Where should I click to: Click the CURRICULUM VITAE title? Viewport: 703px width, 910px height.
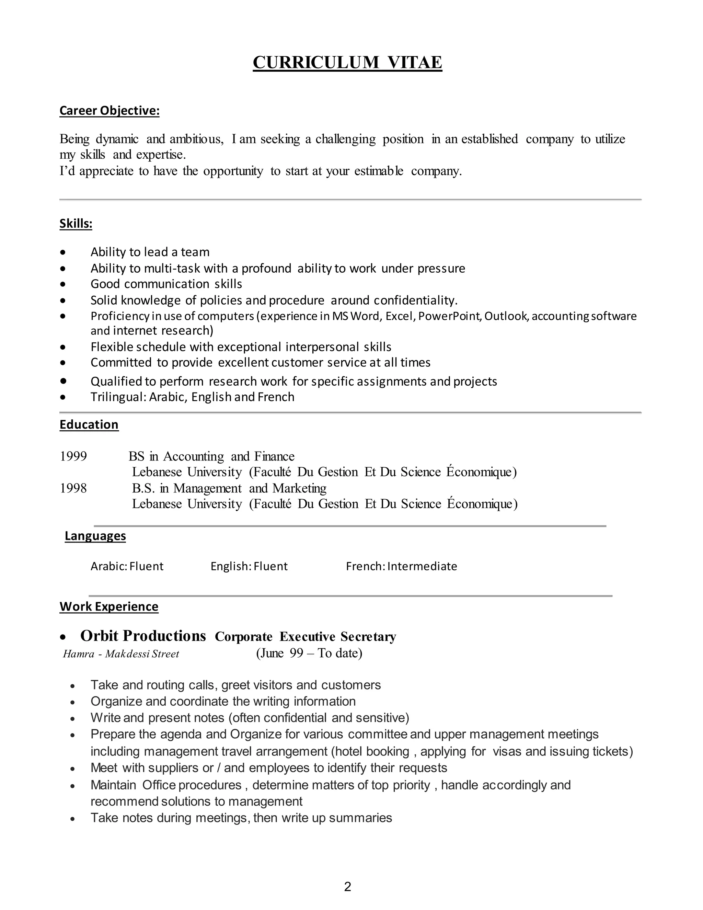347,62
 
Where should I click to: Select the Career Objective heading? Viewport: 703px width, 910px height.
109,111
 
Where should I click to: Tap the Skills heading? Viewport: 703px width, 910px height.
76,224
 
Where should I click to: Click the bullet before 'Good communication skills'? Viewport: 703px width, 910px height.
63,285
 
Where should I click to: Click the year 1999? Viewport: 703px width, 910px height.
73,457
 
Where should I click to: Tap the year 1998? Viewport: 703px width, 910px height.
73,488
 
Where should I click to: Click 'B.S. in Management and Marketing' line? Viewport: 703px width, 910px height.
229,488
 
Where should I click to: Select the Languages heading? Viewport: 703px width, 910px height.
95,536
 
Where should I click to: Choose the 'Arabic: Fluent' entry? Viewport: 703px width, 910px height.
127,567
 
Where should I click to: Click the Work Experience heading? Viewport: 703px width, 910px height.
109,607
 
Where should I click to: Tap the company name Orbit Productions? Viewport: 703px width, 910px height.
143,636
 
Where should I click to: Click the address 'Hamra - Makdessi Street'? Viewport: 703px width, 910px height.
121,654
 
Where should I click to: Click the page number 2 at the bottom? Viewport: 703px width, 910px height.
348,887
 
